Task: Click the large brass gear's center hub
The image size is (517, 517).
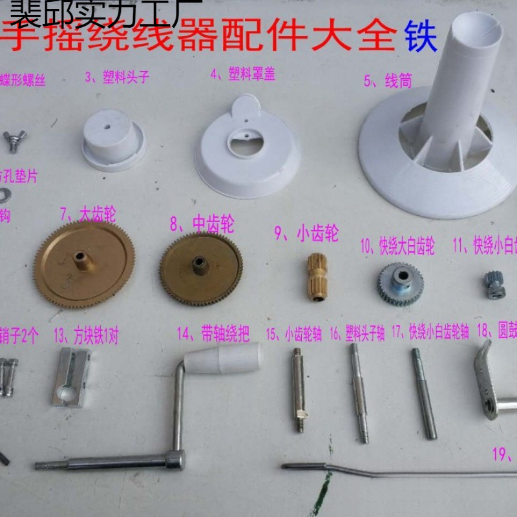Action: [x=81, y=259]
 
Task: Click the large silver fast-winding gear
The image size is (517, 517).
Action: [x=398, y=284]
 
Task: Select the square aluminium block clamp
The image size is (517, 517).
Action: [x=72, y=377]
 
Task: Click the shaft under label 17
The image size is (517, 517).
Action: [x=423, y=394]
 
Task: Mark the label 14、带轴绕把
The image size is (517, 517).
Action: [x=213, y=334]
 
